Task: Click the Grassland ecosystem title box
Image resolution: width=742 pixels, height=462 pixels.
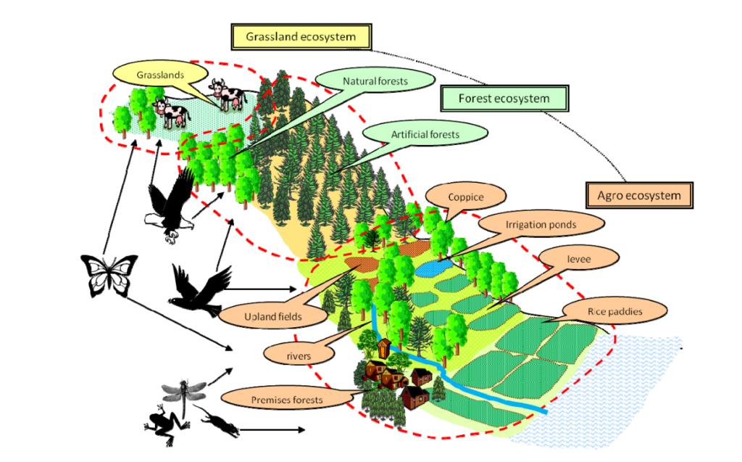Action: point(301,36)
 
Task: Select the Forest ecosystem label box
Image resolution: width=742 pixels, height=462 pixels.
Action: point(504,98)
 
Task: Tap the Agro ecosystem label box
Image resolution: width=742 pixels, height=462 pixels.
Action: point(639,195)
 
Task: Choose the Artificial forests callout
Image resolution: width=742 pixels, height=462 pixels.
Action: point(425,134)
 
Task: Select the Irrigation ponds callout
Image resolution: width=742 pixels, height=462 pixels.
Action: point(541,225)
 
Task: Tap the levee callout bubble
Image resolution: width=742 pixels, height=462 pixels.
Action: point(578,258)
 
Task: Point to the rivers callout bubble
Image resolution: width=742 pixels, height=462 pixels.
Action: point(299,355)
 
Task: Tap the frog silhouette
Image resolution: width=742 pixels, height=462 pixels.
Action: point(164,424)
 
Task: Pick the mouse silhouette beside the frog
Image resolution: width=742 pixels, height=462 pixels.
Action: point(217,424)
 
